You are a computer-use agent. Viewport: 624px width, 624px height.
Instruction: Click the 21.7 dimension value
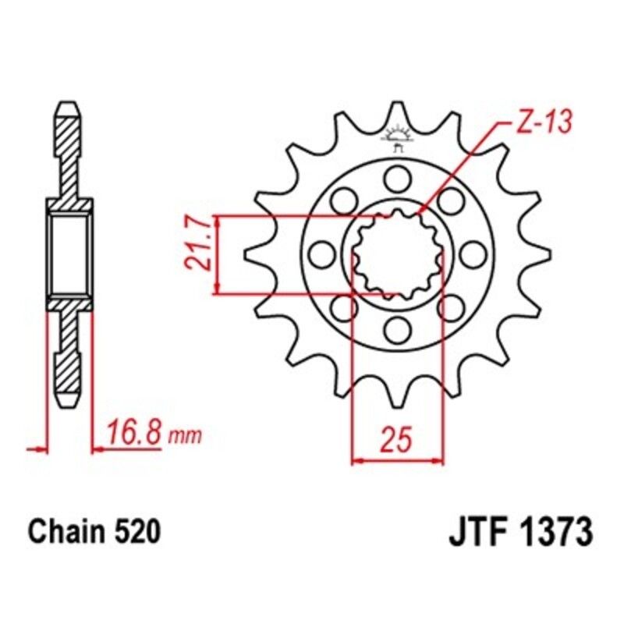200,244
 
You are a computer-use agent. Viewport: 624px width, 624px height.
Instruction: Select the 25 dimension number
397,439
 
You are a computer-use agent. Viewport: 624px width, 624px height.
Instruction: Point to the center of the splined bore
398,253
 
